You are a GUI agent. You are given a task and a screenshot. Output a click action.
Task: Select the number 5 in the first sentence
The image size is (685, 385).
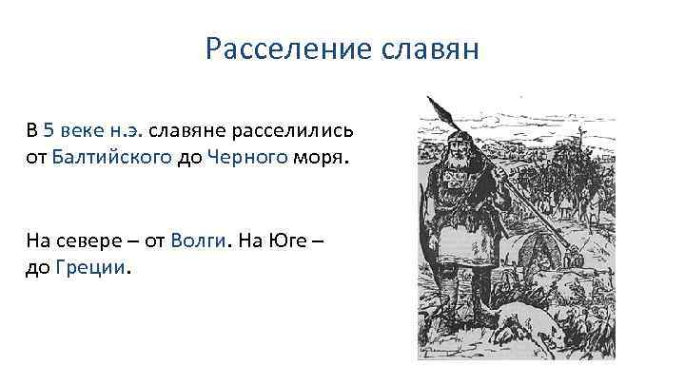coord(49,130)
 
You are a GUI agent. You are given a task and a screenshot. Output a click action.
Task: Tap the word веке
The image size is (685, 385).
coord(82,130)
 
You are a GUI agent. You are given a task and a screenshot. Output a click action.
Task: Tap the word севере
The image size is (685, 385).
coord(94,241)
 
